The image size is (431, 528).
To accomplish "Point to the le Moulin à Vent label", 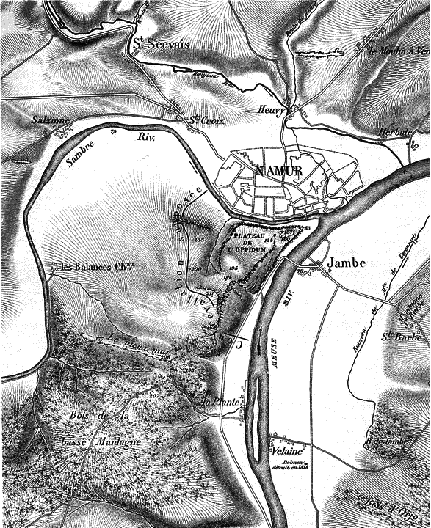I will [399, 51].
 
